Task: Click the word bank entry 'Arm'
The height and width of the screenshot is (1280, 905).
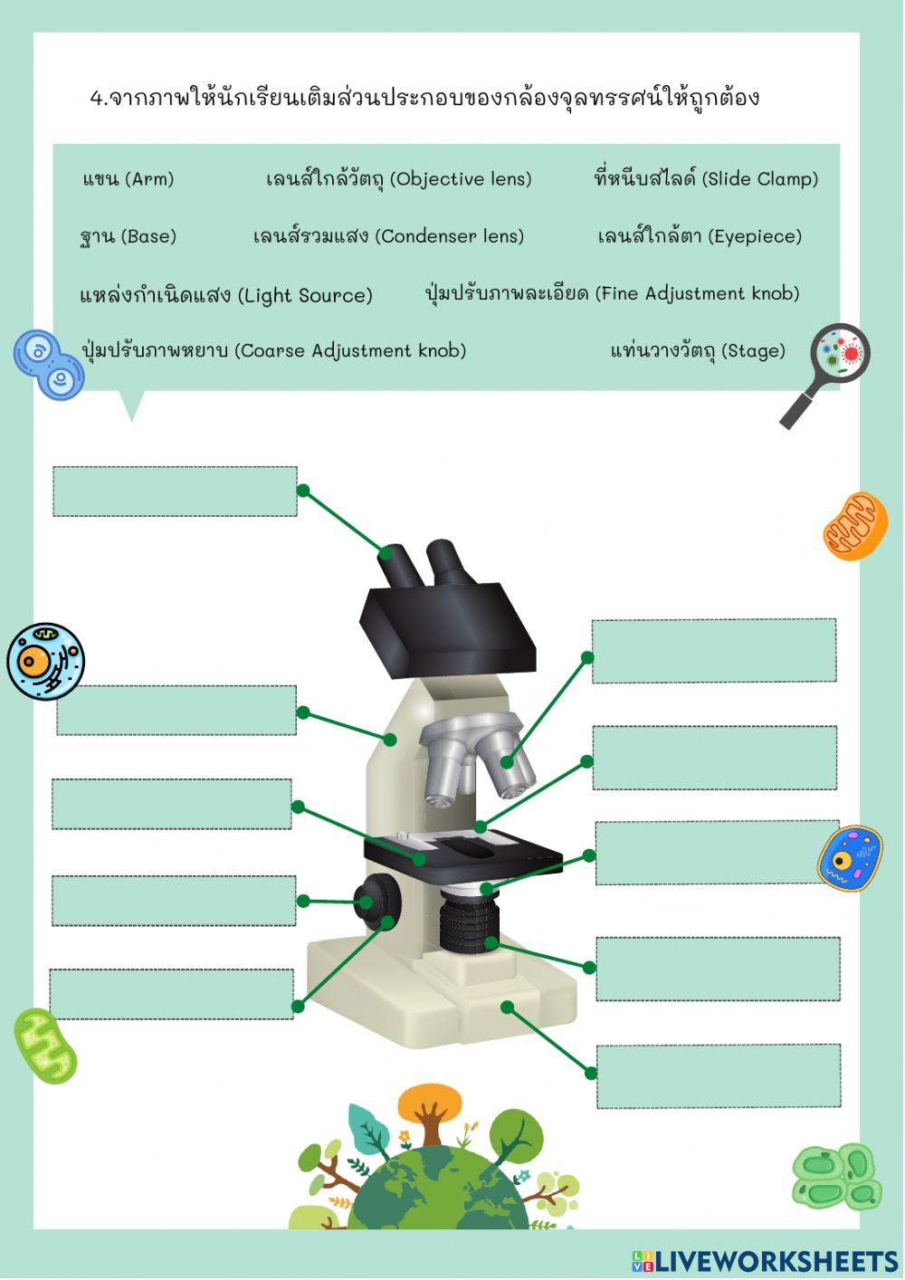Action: pos(128,179)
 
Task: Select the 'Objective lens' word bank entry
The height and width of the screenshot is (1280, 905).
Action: pos(398,179)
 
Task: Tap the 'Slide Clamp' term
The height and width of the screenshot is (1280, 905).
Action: pos(706,179)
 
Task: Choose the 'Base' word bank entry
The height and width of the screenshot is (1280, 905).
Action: pos(128,237)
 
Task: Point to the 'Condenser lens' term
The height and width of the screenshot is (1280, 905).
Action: pos(388,237)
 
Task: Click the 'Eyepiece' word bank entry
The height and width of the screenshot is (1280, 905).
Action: pos(700,237)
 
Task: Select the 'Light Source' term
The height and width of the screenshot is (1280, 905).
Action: pos(226,295)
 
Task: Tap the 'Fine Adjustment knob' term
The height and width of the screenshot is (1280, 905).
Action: pos(612,294)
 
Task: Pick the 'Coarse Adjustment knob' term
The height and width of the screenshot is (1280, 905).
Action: pos(273,351)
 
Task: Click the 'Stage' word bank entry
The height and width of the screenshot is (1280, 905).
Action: pos(698,351)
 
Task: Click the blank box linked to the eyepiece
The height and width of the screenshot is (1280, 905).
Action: pos(175,492)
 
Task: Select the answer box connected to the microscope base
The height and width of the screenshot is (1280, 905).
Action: pos(718,1075)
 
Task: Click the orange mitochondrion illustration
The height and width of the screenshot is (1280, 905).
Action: pos(854,526)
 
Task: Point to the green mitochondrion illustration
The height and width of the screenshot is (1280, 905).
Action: pos(44,1046)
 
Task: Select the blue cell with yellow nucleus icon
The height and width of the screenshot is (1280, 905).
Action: pos(850,857)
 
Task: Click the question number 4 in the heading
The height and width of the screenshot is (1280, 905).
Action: pos(98,98)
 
